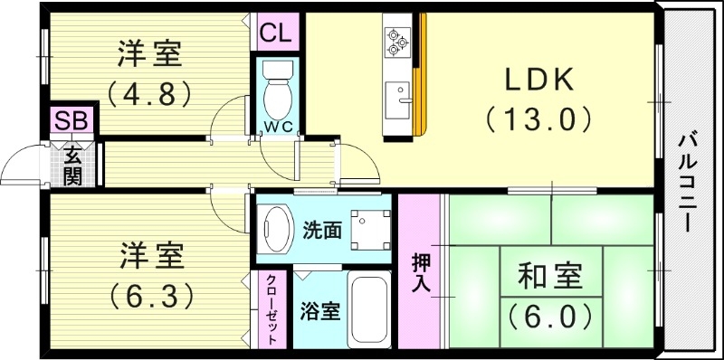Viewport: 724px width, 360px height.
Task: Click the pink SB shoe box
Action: tap(66, 120)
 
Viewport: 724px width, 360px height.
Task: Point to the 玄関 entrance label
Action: tap(71, 164)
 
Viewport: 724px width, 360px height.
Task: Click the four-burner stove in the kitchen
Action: tap(397, 38)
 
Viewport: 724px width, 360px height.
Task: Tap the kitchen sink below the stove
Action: tap(397, 96)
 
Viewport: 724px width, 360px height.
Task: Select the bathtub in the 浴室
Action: tap(368, 308)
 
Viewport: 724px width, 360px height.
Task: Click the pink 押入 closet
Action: tap(420, 271)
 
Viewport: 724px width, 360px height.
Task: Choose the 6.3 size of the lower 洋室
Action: tap(150, 294)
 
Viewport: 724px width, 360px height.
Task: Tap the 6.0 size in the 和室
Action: tap(549, 316)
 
